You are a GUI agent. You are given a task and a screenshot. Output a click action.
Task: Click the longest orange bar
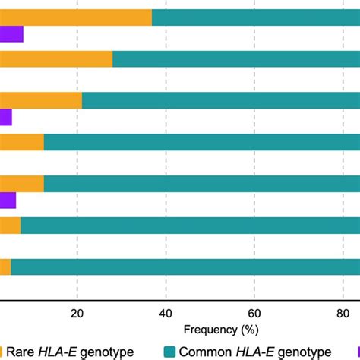point(76,17)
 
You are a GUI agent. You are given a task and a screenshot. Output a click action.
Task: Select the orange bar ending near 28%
point(56,59)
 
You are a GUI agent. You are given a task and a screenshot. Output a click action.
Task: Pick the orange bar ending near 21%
point(41,100)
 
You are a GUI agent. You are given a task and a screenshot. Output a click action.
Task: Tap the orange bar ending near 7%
point(10,225)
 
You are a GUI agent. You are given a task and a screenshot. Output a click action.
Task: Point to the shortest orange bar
point(5,267)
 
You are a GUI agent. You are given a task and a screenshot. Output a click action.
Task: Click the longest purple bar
point(11,34)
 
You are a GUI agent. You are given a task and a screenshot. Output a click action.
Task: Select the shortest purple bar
point(6,117)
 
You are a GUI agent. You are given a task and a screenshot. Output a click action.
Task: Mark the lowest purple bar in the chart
point(8,200)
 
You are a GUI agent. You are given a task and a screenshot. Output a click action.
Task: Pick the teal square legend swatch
point(170,351)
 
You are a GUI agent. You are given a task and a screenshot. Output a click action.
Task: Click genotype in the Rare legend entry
point(106,351)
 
